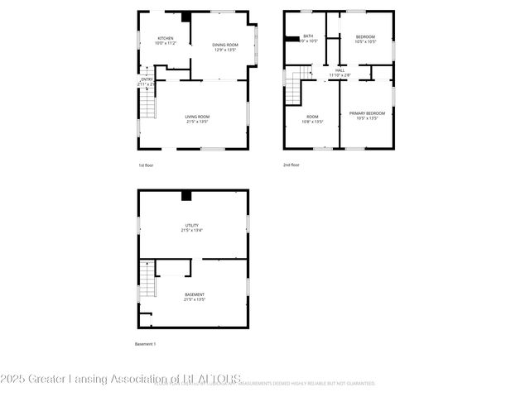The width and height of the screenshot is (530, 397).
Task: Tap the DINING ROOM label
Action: [224, 45]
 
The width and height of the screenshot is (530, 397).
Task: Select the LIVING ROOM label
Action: [197, 117]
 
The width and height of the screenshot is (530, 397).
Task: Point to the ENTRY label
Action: [147, 79]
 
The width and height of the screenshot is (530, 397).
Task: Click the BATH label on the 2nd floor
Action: [308, 36]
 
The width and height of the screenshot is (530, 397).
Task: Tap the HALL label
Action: [340, 70]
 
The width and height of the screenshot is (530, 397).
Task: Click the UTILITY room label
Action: [191, 224]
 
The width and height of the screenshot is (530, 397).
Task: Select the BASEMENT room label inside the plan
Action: [194, 294]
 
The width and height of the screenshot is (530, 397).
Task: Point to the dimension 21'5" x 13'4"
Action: [191, 230]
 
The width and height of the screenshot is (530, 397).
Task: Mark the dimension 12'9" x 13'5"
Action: [224, 50]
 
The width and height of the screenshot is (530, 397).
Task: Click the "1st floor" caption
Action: [146, 165]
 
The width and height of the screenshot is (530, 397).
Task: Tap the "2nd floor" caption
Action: [291, 165]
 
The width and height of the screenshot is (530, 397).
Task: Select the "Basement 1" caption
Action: [145, 343]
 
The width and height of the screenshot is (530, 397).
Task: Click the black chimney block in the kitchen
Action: [186, 17]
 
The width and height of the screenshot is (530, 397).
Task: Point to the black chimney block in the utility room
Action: [186, 195]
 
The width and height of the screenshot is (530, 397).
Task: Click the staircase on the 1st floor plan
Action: [147, 103]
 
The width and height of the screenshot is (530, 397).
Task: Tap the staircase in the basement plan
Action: [147, 280]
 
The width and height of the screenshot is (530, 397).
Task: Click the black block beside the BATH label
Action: [292, 37]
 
